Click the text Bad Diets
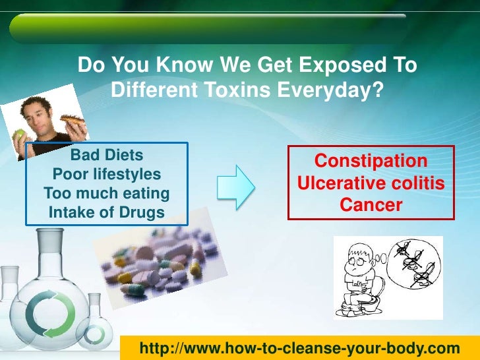(x=106, y=156)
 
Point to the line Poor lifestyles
(x=106, y=175)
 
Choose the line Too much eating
(x=106, y=194)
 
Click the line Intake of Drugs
(x=106, y=212)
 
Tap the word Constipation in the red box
(x=371, y=162)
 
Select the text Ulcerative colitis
(x=371, y=183)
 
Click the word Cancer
(x=371, y=205)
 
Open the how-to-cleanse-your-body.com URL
(x=300, y=347)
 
